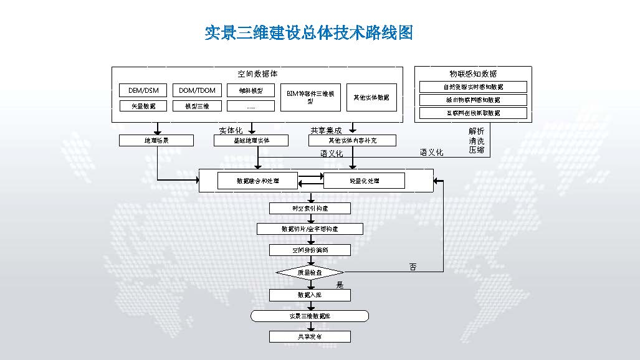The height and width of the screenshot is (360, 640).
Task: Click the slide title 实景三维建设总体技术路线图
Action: pos(309,32)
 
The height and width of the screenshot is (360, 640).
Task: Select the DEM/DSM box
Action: pos(143,90)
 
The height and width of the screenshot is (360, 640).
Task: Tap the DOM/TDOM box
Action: pos(197,90)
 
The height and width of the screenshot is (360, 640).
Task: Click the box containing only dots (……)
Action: pos(251,106)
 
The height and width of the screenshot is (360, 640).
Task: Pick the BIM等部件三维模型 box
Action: pos(310,97)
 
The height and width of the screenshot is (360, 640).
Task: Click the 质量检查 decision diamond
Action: pos(310,273)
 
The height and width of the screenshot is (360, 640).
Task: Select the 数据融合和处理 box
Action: pos(257,181)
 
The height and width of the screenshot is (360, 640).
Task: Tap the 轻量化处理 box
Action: pos(364,181)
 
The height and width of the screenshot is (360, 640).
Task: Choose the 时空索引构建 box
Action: pos(310,208)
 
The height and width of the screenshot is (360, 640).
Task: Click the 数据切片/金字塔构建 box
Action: pos(310,229)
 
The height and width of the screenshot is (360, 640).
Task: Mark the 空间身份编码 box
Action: pos(310,250)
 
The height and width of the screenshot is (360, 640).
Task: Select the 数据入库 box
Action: pos(310,295)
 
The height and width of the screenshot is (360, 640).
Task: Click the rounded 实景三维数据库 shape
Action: pos(310,316)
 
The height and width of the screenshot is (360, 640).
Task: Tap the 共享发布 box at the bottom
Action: pos(310,337)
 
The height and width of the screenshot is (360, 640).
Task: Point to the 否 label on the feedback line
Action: pos(413,267)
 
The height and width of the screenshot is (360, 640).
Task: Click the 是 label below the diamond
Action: pos(340,285)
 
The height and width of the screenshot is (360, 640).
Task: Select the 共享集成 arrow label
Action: pos(326,130)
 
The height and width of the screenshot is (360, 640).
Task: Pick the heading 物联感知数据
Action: pos(473,73)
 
